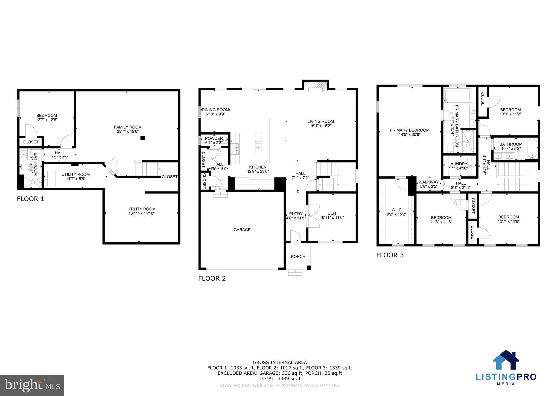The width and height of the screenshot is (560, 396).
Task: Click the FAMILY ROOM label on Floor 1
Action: pyautogui.click(x=128, y=127)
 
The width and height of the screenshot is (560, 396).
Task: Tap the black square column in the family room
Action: pyautogui.click(x=142, y=138)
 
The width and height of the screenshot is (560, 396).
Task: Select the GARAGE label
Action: pyautogui.click(x=242, y=230)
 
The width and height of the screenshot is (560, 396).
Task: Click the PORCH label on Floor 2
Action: pyautogui.click(x=298, y=257)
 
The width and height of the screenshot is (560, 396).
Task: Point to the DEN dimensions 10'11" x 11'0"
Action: pyautogui.click(x=332, y=218)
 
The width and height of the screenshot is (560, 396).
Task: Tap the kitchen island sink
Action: pyautogui.click(x=259, y=148)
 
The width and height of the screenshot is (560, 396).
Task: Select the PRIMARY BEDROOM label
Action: pyautogui.click(x=409, y=130)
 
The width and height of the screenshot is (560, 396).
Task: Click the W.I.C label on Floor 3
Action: pyautogui.click(x=396, y=210)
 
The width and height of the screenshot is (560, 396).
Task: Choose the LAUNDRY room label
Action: pyautogui.click(x=458, y=164)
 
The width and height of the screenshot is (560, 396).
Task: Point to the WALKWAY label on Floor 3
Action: pyautogui.click(x=428, y=182)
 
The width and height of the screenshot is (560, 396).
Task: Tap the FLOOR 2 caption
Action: pyautogui.click(x=212, y=278)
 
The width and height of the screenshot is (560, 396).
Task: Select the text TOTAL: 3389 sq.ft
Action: pyautogui.click(x=280, y=379)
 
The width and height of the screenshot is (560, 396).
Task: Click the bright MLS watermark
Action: pyautogui.click(x=32, y=385)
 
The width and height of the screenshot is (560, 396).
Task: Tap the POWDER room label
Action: pyautogui.click(x=214, y=138)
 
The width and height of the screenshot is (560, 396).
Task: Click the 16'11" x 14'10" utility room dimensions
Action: pyautogui.click(x=141, y=213)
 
